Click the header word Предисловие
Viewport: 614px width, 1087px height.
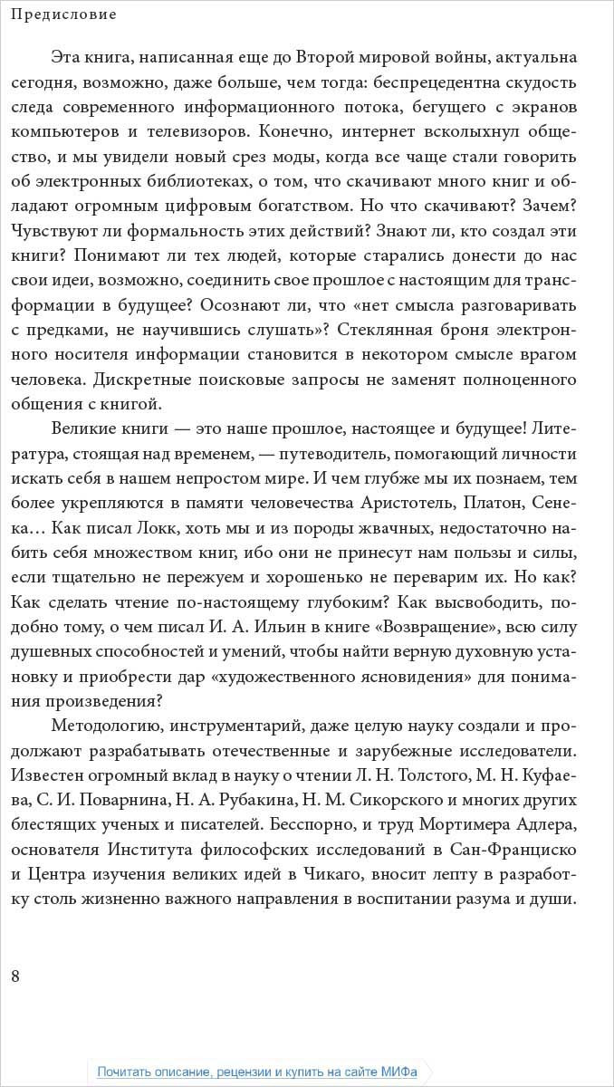[64, 14]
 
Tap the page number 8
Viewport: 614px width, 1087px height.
[15, 975]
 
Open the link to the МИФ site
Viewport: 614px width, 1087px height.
[257, 1072]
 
